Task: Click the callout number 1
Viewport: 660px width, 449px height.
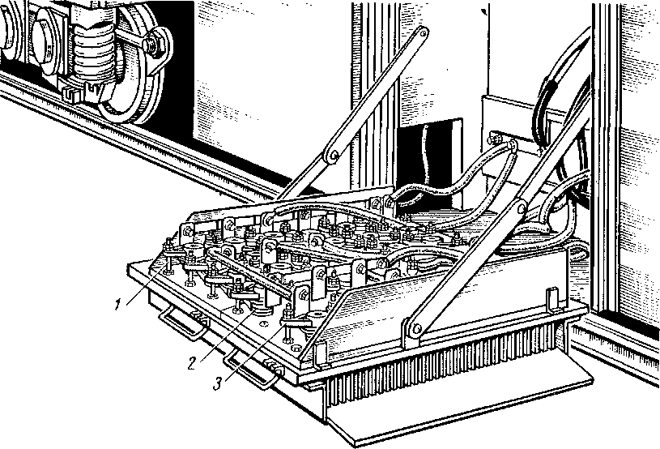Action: tap(118, 304)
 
